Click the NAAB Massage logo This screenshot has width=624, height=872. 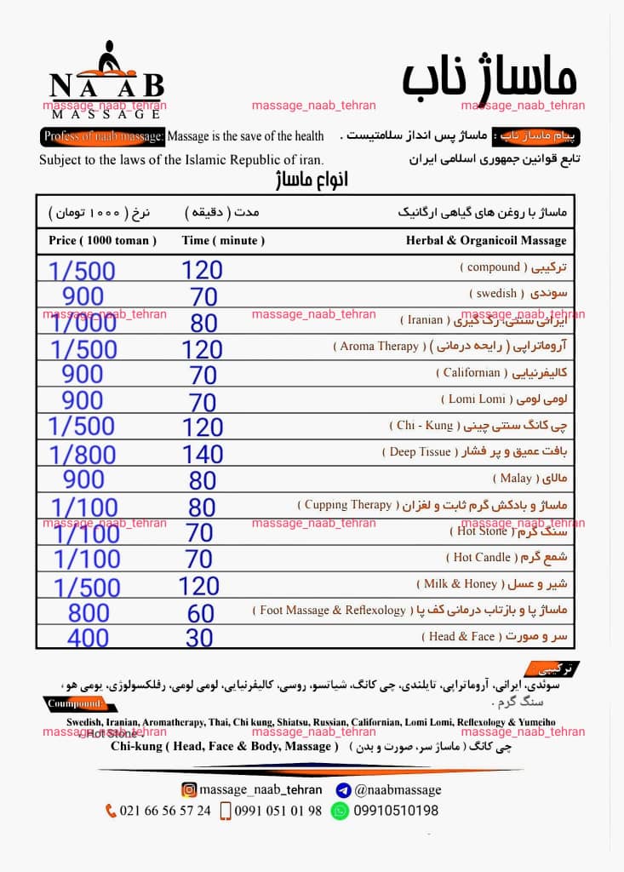pos(106,79)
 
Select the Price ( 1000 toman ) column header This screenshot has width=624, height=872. pos(102,241)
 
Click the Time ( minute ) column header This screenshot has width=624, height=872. pos(223,241)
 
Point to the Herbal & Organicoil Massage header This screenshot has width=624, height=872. pos(487,241)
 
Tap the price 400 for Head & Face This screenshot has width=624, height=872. pos(88,637)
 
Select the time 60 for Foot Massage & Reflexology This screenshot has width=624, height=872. pos(202,611)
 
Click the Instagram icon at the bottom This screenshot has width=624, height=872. pos(190,789)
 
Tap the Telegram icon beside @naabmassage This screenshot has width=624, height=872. pos(344,789)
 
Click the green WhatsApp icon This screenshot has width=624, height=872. pos(340,811)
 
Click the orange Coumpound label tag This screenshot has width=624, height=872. pos(75,703)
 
